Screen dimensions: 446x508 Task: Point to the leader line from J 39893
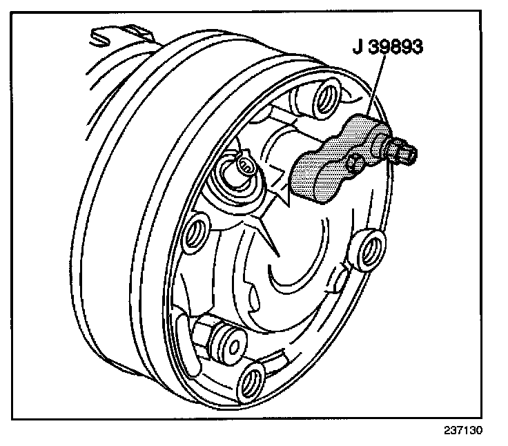pos(373,90)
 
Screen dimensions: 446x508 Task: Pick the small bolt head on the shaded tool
pos(356,163)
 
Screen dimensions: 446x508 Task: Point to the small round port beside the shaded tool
pos(243,166)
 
